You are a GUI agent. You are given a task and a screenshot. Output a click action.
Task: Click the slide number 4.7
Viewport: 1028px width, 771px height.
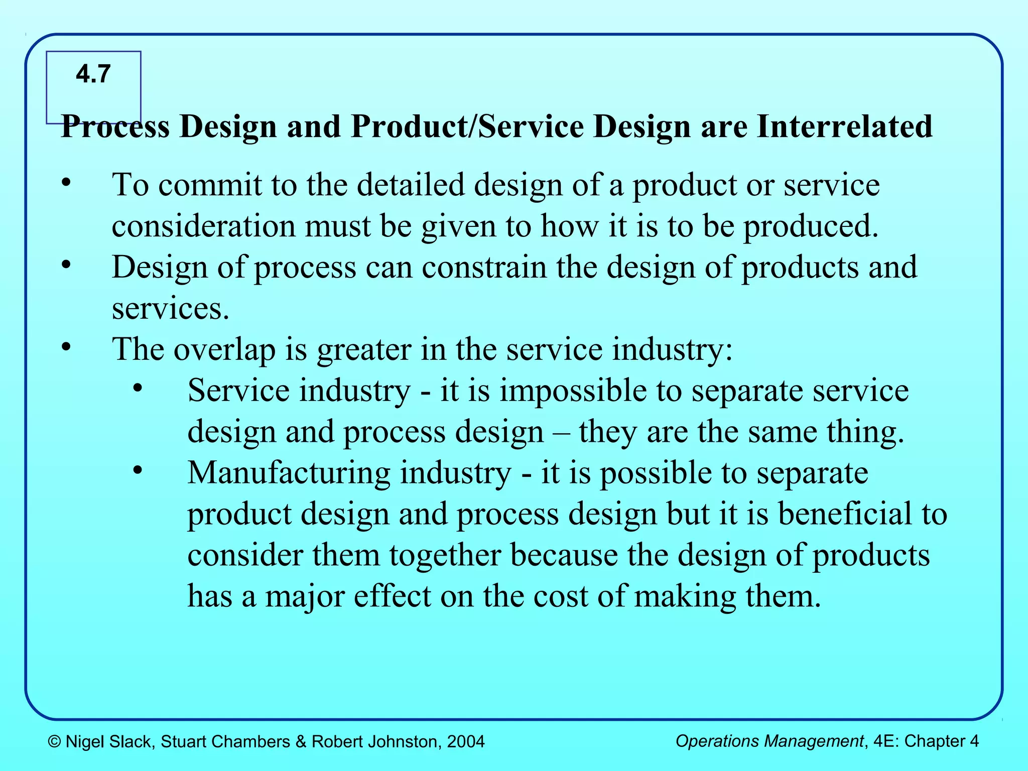coord(93,74)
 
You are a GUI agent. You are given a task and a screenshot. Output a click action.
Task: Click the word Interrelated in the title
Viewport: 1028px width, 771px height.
coord(844,126)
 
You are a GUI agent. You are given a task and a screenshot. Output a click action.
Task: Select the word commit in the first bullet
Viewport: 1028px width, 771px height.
coord(210,185)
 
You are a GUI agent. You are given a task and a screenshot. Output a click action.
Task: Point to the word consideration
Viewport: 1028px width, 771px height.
coord(203,226)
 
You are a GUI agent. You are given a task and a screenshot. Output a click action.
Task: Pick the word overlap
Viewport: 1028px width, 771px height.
coord(224,349)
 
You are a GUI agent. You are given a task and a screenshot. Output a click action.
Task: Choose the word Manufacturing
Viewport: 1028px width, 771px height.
coord(289,473)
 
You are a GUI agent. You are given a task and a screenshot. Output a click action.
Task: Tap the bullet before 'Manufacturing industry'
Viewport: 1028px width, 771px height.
coord(138,470)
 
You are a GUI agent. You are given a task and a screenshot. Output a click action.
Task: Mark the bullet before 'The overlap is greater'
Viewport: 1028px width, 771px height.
coord(66,347)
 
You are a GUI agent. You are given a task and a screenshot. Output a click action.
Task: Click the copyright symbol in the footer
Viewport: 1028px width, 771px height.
coord(55,741)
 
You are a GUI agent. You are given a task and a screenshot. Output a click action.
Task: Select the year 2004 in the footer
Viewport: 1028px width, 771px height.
coord(466,741)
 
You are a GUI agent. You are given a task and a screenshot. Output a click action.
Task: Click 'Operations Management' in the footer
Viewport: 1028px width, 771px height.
coord(769,741)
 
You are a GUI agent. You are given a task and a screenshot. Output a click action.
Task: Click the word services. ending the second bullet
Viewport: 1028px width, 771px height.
coord(170,308)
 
